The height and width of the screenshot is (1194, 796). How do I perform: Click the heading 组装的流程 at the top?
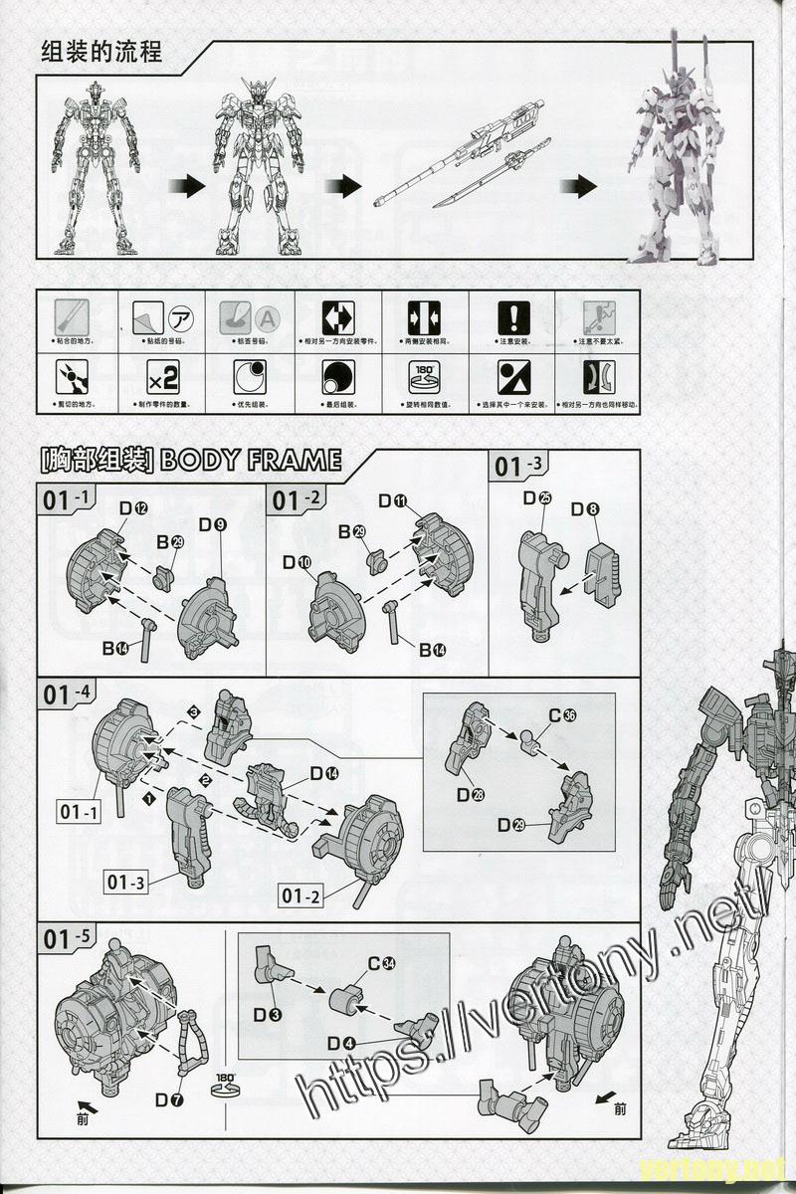tap(101, 51)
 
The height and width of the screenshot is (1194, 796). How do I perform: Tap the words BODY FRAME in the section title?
tap(250, 460)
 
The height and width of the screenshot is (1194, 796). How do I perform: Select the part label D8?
tap(585, 509)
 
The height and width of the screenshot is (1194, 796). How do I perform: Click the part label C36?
tap(562, 715)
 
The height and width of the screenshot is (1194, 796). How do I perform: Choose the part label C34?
tap(382, 963)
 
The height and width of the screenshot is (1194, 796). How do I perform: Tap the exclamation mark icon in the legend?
tap(513, 317)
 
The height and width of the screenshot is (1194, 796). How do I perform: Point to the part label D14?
tap(323, 773)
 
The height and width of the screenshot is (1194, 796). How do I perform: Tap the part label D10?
tap(297, 563)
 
